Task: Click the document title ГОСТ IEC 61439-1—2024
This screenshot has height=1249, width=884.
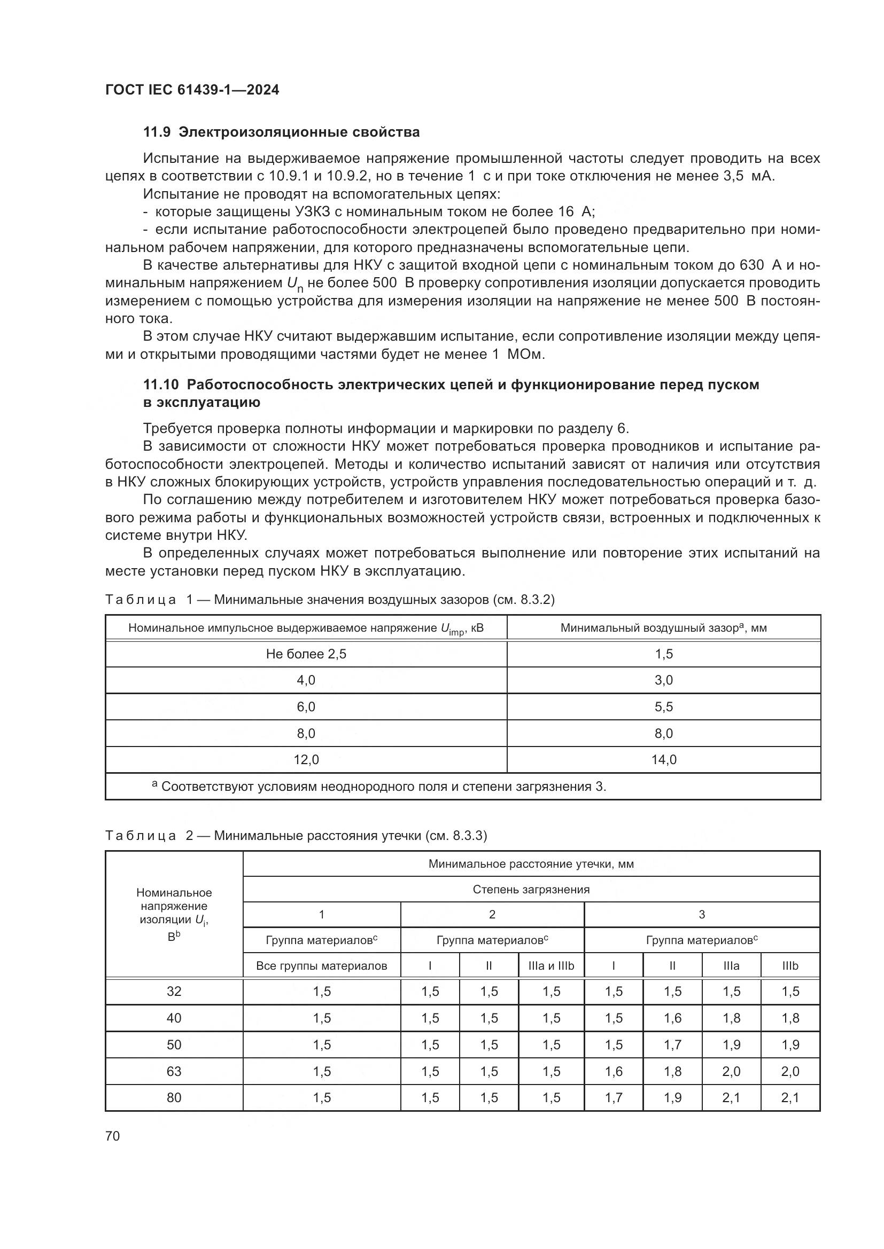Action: pyautogui.click(x=192, y=90)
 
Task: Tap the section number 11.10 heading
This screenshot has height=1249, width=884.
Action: pyautogui.click(x=160, y=384)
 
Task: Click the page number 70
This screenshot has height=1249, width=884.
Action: pyautogui.click(x=113, y=1135)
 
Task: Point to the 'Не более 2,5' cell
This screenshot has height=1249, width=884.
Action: pyautogui.click(x=306, y=654)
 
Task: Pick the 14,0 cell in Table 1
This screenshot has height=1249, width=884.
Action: pyautogui.click(x=664, y=759)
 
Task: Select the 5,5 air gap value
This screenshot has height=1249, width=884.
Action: pyautogui.click(x=664, y=706)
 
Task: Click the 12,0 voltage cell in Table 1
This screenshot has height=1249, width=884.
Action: pyautogui.click(x=306, y=759)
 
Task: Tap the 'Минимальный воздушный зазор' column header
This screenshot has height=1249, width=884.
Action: pyautogui.click(x=664, y=628)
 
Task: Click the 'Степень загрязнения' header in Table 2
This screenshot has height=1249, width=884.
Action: pyautogui.click(x=531, y=890)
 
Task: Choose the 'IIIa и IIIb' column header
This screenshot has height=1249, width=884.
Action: pyautogui.click(x=551, y=966)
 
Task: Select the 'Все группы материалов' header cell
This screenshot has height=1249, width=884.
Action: pyautogui.click(x=322, y=966)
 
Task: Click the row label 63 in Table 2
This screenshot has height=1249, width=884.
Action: pyautogui.click(x=174, y=1071)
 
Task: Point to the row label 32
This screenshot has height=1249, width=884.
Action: pyautogui.click(x=174, y=991)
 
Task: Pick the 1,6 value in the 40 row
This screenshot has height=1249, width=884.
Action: pyautogui.click(x=672, y=1018)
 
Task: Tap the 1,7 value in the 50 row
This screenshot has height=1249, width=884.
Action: pyautogui.click(x=672, y=1044)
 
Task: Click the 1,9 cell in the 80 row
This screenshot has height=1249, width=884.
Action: pyautogui.click(x=672, y=1097)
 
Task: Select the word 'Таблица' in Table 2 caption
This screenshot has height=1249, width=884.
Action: pyautogui.click(x=141, y=836)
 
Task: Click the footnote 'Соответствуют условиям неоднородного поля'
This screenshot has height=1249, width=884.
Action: pyautogui.click(x=383, y=787)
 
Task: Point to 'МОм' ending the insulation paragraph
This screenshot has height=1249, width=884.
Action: pyautogui.click(x=525, y=355)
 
